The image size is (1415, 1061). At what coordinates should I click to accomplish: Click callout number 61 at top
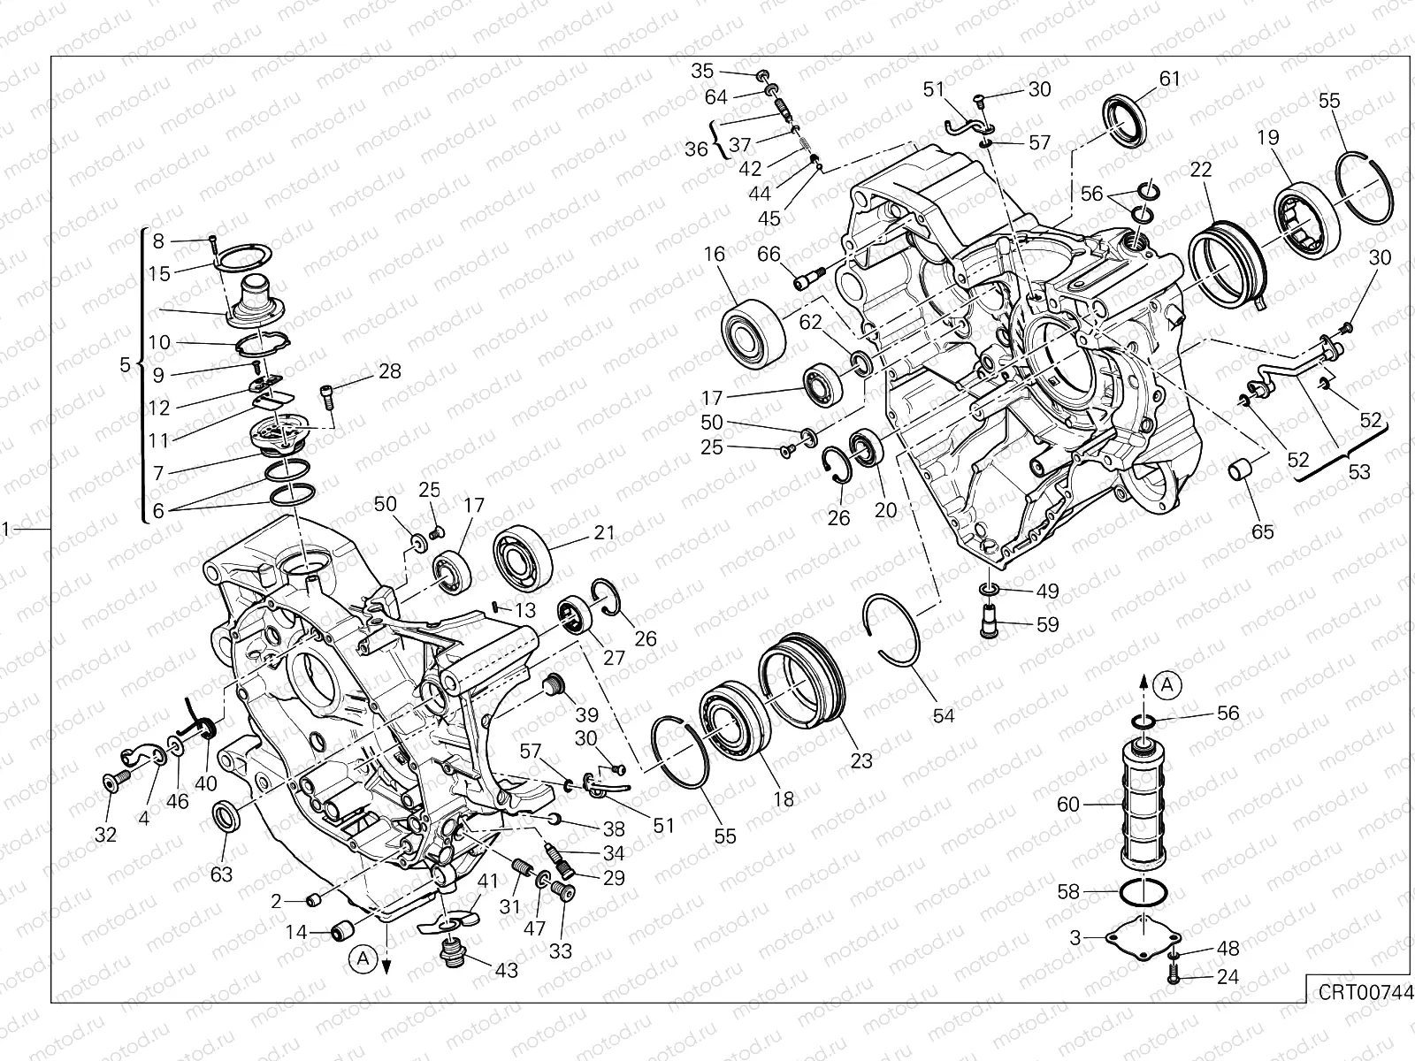click(x=1169, y=79)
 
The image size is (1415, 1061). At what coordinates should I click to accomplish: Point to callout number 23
click(x=860, y=759)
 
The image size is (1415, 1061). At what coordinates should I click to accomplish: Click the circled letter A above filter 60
click(x=1167, y=683)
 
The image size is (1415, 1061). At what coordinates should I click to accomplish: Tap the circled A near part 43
click(x=361, y=957)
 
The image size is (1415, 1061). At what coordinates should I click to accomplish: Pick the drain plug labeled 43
click(x=453, y=954)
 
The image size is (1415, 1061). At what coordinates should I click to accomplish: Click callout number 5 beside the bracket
click(x=124, y=364)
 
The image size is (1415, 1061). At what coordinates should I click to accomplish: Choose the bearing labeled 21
click(x=522, y=554)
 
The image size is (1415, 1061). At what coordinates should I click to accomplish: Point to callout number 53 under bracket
click(x=1358, y=471)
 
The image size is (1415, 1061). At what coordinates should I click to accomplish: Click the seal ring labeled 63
click(x=227, y=815)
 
